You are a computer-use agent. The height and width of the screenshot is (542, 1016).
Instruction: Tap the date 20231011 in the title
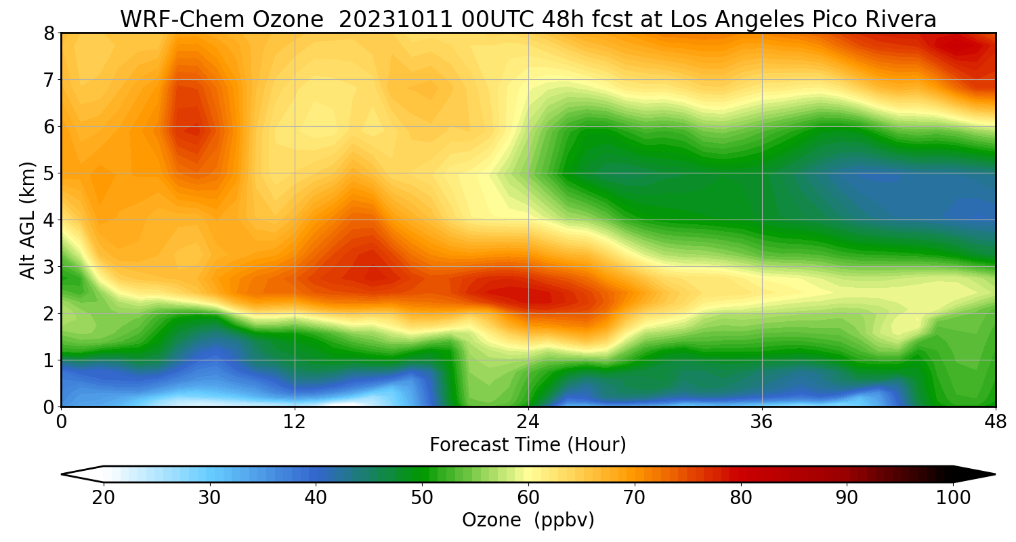click(396, 20)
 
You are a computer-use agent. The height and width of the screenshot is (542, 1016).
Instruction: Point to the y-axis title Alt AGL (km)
click(28, 220)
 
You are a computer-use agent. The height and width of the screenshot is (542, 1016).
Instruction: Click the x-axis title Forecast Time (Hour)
click(528, 445)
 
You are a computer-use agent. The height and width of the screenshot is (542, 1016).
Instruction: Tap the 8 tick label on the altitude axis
click(49, 34)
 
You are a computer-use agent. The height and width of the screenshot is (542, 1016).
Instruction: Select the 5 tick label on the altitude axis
click(49, 173)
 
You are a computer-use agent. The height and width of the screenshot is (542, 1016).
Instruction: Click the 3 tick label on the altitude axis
click(49, 267)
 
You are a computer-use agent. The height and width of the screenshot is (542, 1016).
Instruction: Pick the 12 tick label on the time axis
click(295, 422)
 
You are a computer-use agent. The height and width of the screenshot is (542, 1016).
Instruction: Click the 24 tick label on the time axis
click(528, 422)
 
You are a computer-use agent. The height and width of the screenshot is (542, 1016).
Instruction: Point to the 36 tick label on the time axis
click(762, 422)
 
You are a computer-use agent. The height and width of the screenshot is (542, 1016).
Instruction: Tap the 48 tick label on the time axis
click(996, 422)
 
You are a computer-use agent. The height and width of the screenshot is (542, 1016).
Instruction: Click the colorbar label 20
click(104, 498)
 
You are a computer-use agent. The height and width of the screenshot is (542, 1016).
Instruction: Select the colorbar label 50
click(422, 498)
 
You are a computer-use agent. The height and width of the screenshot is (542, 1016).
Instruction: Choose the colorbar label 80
click(741, 498)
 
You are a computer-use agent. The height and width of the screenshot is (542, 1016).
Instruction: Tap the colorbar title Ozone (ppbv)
click(528, 520)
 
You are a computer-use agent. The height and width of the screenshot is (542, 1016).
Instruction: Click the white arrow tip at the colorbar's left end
click(62, 474)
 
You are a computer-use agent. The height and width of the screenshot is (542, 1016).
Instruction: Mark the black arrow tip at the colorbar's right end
click(995, 474)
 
